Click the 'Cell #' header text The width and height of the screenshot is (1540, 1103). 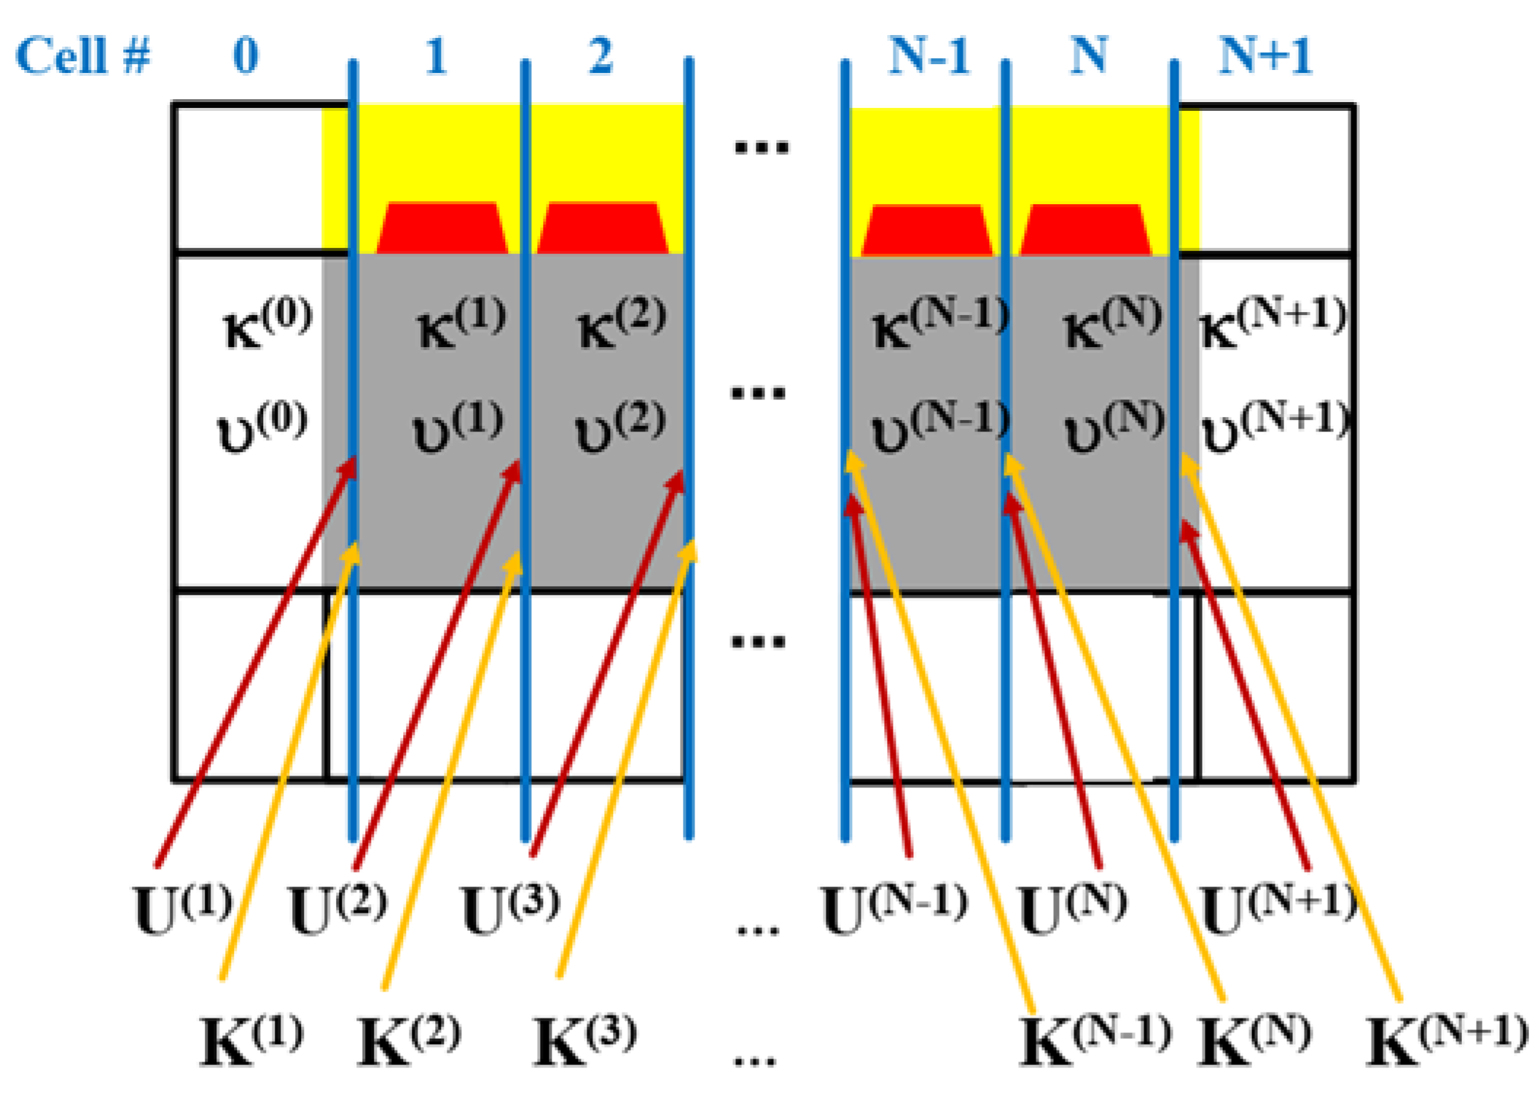pyautogui.click(x=82, y=55)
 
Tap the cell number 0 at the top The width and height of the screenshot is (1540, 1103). pyautogui.click(x=246, y=55)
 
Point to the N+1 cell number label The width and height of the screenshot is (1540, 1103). pyautogui.click(x=1265, y=55)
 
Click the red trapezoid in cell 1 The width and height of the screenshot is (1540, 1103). pyautogui.click(x=442, y=228)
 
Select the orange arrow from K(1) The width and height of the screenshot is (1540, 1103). pyautogui.click(x=288, y=765)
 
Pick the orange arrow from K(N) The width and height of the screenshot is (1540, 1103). pyautogui.click(x=1115, y=729)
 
